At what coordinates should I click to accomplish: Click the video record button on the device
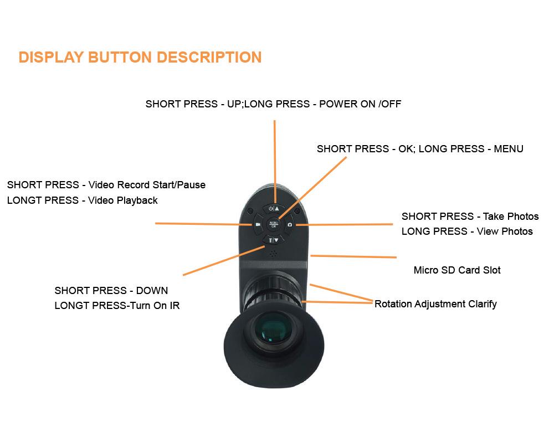point(258,224)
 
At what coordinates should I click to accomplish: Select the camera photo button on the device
point(289,224)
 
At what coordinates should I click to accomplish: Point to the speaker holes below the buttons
point(273,254)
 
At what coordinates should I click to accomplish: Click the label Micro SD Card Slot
point(457,270)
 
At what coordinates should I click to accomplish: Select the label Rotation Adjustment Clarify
point(435,303)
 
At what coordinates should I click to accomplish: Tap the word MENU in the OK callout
point(509,148)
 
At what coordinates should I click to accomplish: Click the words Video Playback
point(123,200)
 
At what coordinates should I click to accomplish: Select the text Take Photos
point(511,216)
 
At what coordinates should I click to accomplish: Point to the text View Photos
point(505,231)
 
